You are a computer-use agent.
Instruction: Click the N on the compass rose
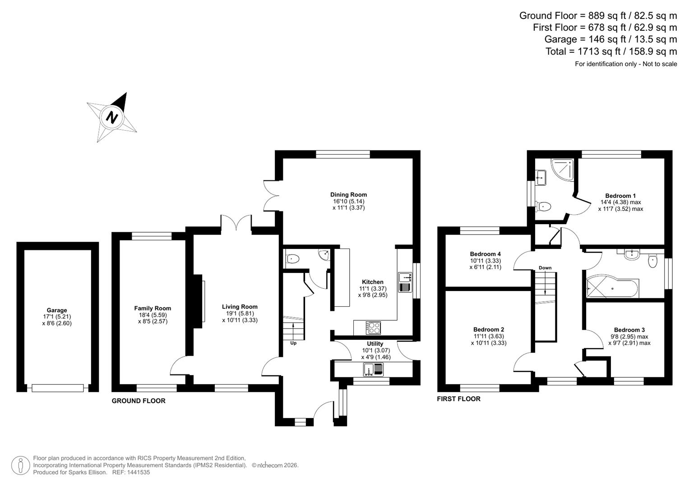(111, 117)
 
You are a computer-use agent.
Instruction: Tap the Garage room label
(57, 310)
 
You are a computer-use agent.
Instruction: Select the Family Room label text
(153, 308)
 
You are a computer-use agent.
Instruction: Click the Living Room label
(240, 306)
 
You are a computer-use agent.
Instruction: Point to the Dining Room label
(348, 195)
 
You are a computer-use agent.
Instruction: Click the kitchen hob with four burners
(373, 327)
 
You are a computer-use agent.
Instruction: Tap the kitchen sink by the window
(405, 282)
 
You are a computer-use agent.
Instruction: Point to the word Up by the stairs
(293, 343)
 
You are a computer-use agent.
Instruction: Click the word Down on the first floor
(545, 268)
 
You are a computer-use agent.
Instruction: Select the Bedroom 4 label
(485, 254)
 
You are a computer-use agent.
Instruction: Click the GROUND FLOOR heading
(139, 401)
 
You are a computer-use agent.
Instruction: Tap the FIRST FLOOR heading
(458, 399)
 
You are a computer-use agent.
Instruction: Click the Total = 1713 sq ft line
(611, 52)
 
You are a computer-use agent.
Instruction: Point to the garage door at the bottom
(58, 388)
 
